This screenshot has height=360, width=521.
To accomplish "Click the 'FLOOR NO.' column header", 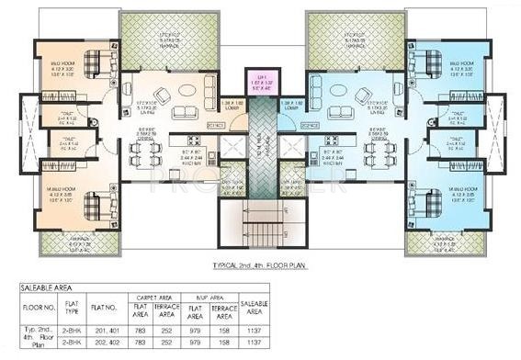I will tap(35, 310).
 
